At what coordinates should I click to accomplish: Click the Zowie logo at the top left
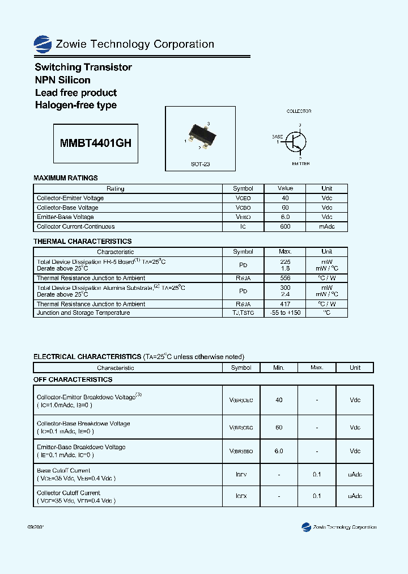pyautogui.click(x=42, y=44)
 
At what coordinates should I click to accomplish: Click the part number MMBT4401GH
pyautogui.click(x=96, y=143)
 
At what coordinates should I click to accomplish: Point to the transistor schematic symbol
pyautogui.click(x=295, y=142)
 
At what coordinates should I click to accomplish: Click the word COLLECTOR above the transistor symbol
pyautogui.click(x=299, y=112)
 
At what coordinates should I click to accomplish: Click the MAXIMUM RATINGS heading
pyautogui.click(x=66, y=178)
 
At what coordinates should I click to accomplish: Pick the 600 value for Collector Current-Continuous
pyautogui.click(x=285, y=227)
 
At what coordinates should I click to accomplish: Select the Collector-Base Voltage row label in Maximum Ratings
pyautogui.click(x=67, y=208)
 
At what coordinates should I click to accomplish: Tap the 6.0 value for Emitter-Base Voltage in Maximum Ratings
pyautogui.click(x=285, y=217)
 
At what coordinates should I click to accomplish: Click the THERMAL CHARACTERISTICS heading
pyautogui.click(x=82, y=242)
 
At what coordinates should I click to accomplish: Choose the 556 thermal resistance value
pyautogui.click(x=285, y=278)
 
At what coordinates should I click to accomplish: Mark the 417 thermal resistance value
pyautogui.click(x=285, y=304)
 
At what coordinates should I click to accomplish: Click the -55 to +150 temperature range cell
pyautogui.click(x=285, y=313)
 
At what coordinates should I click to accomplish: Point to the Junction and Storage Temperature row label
pyautogui.click(x=83, y=313)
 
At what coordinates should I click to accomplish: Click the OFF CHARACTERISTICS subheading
pyautogui.click(x=73, y=379)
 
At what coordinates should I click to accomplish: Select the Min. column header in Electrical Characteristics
pyautogui.click(x=279, y=368)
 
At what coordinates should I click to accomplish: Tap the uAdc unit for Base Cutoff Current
pyautogui.click(x=355, y=474)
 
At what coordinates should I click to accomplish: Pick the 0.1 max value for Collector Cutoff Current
pyautogui.click(x=317, y=496)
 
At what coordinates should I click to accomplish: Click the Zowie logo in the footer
pyautogui.click(x=307, y=527)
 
